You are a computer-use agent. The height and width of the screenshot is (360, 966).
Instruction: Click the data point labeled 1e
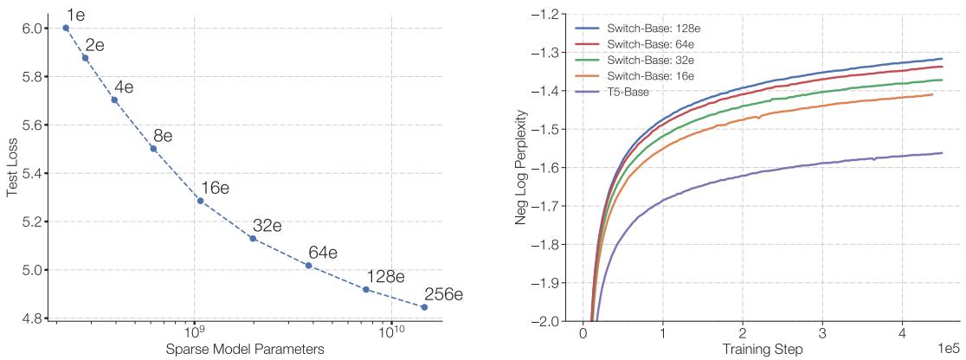(66, 28)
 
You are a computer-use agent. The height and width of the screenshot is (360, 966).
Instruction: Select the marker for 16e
(200, 201)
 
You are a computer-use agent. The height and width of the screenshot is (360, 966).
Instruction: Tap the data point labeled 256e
(424, 307)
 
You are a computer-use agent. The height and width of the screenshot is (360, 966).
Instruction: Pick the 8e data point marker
(153, 149)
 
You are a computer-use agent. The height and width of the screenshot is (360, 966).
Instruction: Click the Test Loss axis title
(12, 173)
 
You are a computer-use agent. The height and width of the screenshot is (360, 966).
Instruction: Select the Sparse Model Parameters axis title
(251, 349)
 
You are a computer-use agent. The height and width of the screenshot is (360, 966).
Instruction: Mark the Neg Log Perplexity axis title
(522, 167)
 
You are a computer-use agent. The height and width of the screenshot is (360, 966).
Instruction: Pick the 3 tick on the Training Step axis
(822, 333)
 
